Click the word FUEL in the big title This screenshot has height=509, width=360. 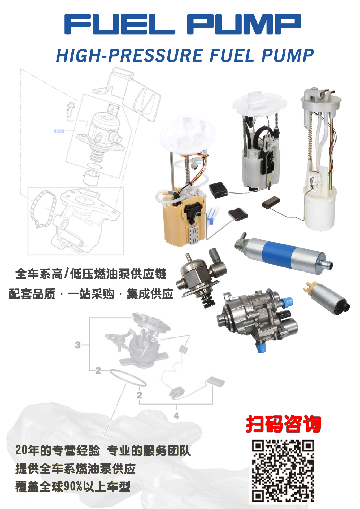point(120,24)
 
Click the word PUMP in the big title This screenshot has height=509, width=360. point(244,24)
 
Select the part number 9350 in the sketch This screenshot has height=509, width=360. point(59,131)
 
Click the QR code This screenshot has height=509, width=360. point(283,470)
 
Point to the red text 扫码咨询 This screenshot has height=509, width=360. point(283,424)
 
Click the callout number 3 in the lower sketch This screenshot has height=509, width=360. point(77,345)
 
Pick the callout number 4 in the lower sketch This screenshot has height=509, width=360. point(176,416)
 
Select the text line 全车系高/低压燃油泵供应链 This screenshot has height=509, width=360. point(91,274)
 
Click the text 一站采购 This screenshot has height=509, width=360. point(91,294)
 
